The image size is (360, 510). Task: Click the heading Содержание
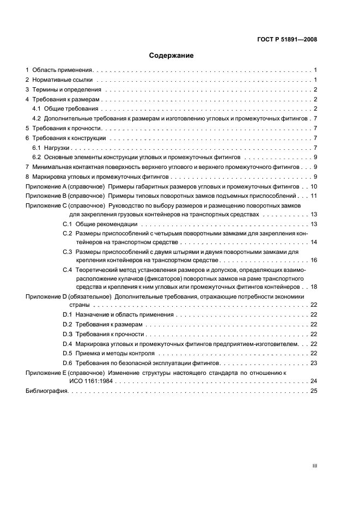click(172, 55)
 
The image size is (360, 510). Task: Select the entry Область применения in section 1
click(63, 70)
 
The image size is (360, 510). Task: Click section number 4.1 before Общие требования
click(37, 109)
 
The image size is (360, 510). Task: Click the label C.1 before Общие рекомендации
click(68, 224)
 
